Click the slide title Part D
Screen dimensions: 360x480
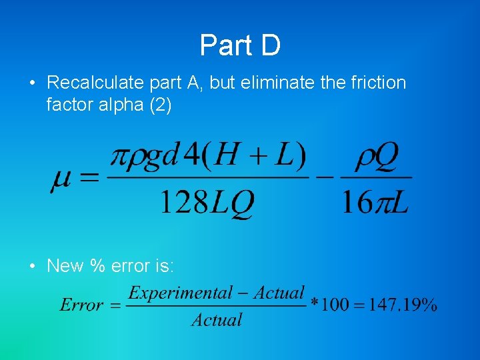(240, 45)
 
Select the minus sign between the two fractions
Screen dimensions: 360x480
(325, 178)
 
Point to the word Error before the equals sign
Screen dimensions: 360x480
(81, 305)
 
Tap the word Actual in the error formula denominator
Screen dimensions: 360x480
(217, 320)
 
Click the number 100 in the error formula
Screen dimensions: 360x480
(334, 305)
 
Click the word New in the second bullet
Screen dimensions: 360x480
(61, 266)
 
